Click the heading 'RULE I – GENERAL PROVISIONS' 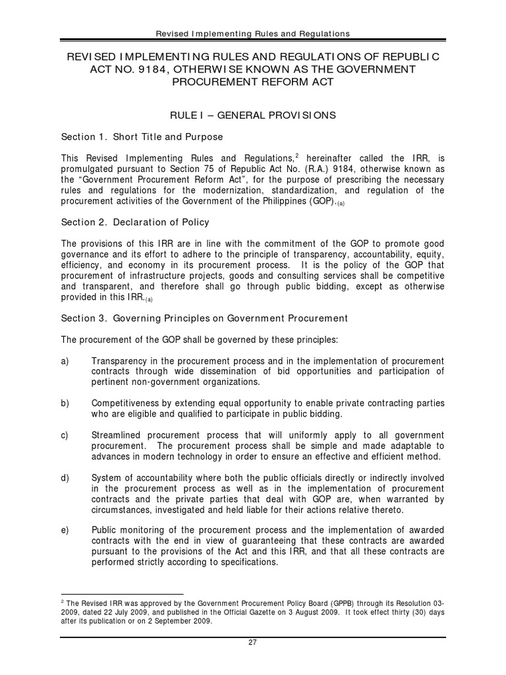pos(253,115)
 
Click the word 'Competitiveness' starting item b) pos(123,403)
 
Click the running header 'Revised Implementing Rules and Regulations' pos(252,34)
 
